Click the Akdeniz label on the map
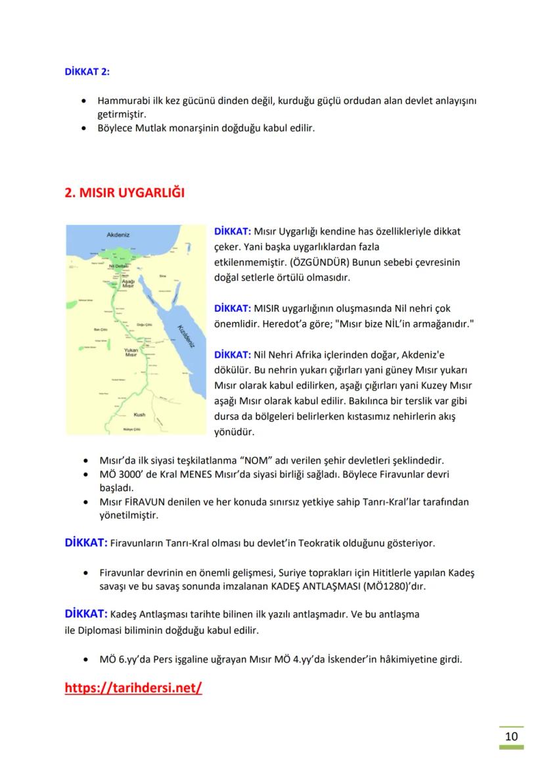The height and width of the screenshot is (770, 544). click(x=118, y=234)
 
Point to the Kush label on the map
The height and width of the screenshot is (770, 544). click(x=139, y=415)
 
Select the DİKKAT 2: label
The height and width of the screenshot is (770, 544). click(x=87, y=72)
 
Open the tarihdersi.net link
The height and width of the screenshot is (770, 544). click(x=133, y=688)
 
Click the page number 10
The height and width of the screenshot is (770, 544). click(x=511, y=736)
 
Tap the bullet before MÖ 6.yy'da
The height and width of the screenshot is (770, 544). click(x=85, y=659)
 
